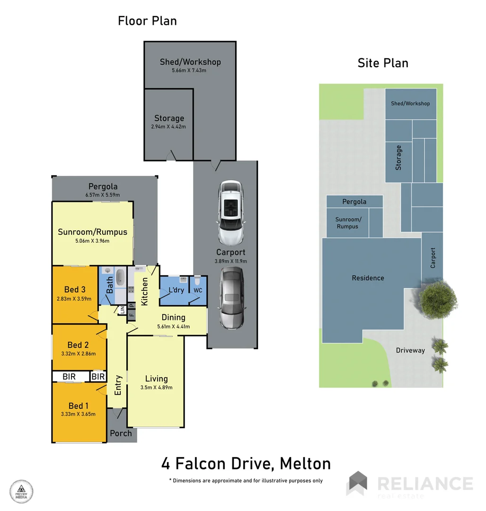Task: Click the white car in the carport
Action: tap(231, 212)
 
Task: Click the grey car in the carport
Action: tap(231, 299)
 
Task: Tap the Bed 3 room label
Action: tap(75, 290)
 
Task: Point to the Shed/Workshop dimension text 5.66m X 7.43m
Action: tap(189, 70)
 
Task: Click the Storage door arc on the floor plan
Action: tap(170, 155)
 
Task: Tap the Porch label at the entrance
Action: tap(121, 433)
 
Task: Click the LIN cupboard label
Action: tap(122, 310)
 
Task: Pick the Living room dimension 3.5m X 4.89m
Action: tap(156, 387)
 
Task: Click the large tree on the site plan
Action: tap(438, 299)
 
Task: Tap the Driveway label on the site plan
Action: tap(410, 350)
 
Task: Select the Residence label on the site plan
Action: tap(368, 278)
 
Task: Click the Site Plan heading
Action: tap(383, 63)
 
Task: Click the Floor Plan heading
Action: tap(147, 21)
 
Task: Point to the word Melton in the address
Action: tap(305, 463)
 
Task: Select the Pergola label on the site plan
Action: tap(354, 202)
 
